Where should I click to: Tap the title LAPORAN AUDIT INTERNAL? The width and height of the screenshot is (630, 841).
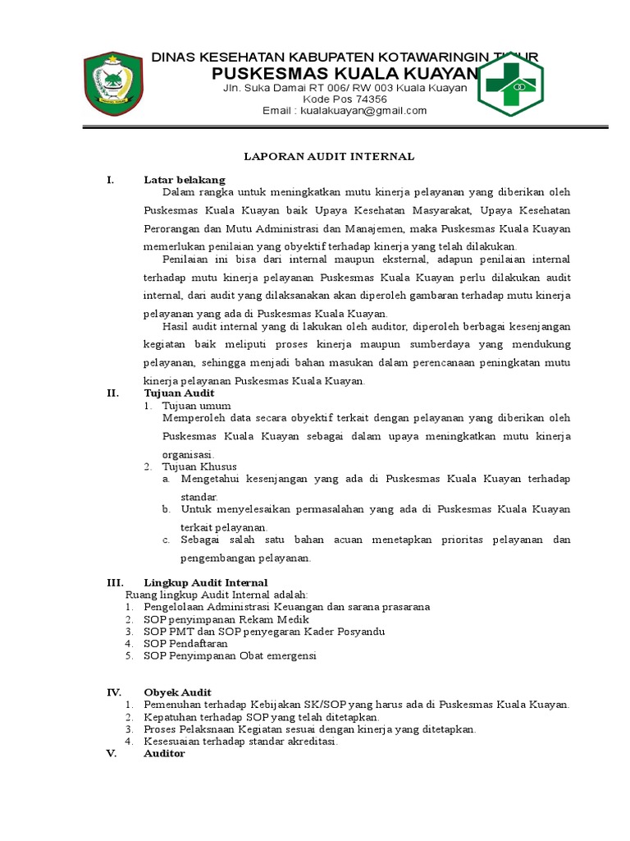[332, 156]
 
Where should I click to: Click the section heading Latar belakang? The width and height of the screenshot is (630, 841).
[185, 179]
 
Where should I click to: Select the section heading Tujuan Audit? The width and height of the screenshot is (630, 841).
[179, 393]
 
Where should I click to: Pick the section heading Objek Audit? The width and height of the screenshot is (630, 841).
[177, 692]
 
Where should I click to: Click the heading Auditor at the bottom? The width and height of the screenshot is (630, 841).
[164, 753]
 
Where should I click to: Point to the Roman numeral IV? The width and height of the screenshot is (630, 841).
[115, 692]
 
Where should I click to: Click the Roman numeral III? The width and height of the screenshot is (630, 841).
[115, 581]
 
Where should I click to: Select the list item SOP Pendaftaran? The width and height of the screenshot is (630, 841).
[185, 644]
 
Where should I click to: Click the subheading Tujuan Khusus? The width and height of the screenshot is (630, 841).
[199, 466]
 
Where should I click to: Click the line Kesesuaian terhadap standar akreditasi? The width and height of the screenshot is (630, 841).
[240, 741]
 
